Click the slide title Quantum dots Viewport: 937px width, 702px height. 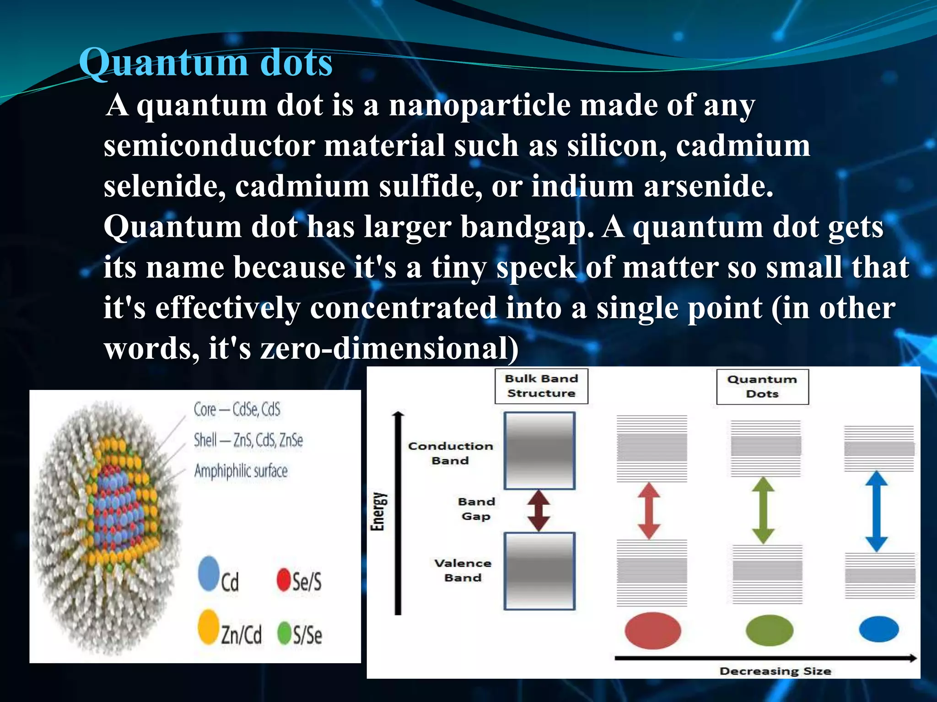pos(205,63)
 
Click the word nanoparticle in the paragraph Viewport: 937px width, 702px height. pos(479,106)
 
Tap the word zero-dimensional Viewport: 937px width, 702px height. pos(389,348)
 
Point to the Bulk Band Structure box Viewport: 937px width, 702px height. pos(541,386)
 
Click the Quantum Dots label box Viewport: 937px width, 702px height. pos(762,387)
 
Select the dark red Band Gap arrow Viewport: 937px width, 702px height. pos(539,511)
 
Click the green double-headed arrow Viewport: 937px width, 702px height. pos(763,510)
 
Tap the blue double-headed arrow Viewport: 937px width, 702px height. pos(877,511)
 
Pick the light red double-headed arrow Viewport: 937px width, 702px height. pos(649,511)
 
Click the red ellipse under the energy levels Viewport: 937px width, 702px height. pos(652,631)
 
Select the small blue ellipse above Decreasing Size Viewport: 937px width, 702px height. pos(878,629)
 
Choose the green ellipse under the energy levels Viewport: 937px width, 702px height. pos(769,631)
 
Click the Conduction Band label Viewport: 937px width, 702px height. pos(450,453)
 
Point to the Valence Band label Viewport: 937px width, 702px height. pos(463,570)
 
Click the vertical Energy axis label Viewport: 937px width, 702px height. pos(377,511)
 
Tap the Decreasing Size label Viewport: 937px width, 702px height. pos(775,671)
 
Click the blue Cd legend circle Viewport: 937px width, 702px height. pos(209,573)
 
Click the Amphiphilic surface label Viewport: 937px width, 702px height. pos(241,471)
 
